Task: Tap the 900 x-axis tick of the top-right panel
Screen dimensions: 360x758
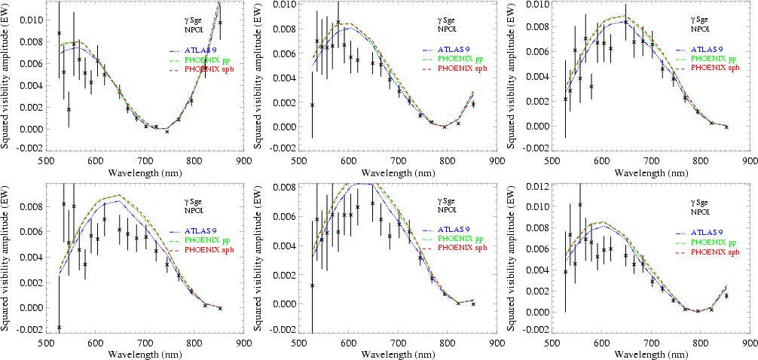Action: click(749, 160)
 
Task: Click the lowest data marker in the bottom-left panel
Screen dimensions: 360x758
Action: click(59, 328)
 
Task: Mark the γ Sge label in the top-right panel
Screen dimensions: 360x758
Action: click(701, 20)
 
